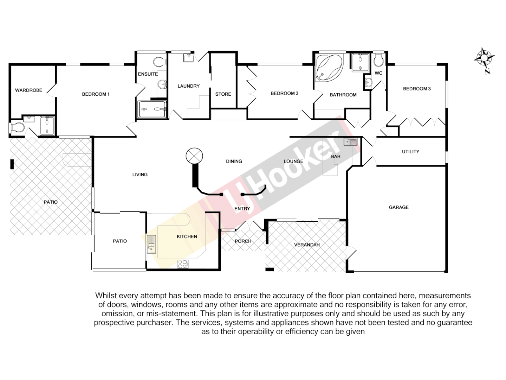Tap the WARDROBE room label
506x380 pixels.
tap(28, 90)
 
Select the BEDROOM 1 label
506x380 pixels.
tap(96, 94)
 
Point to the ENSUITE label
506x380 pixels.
tap(148, 74)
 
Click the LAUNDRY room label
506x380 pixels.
tap(188, 86)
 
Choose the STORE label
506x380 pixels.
tap(223, 94)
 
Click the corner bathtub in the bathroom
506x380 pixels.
tap(329, 67)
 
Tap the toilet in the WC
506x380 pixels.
tap(378, 61)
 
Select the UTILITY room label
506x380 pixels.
tap(410, 152)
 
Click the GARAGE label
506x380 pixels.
tap(398, 208)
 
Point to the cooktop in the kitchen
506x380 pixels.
tap(183, 264)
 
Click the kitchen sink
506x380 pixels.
tap(151, 244)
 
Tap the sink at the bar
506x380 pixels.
tap(350, 142)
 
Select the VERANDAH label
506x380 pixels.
tap(307, 245)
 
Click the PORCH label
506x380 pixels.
tap(243, 241)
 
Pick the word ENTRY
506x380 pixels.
tap(242, 209)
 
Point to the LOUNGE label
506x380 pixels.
tap(293, 161)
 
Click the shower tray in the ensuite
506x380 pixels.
tap(152, 109)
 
